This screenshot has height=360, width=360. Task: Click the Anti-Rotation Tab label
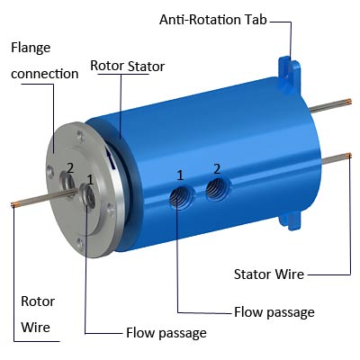pyautogui.click(x=213, y=20)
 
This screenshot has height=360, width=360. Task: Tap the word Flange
pyautogui.click(x=31, y=48)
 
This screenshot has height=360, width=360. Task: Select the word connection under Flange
pyautogui.click(x=45, y=74)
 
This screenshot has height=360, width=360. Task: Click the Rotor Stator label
pyautogui.click(x=128, y=66)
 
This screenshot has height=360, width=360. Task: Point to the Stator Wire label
pyautogui.click(x=269, y=274)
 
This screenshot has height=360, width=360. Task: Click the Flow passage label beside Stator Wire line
pyautogui.click(x=274, y=312)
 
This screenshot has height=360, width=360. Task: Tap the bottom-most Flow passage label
pyautogui.click(x=166, y=333)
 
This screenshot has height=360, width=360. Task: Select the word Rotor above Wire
pyautogui.click(x=38, y=301)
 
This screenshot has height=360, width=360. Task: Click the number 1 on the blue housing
pyautogui.click(x=180, y=175)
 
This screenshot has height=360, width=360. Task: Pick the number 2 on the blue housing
pyautogui.click(x=217, y=169)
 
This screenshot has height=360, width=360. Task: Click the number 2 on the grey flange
pyautogui.click(x=70, y=168)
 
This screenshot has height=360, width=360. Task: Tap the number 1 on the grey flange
pyautogui.click(x=90, y=180)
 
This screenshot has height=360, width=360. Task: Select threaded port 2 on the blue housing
pyautogui.click(x=215, y=190)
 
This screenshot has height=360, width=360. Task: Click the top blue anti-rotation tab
pyautogui.click(x=288, y=72)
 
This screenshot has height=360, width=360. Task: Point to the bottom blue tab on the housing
pyautogui.click(x=291, y=220)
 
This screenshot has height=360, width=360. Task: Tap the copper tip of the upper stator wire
pyautogui.click(x=349, y=102)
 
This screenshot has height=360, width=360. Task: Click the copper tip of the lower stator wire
pyautogui.click(x=348, y=156)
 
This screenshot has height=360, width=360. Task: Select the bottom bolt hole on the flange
pyautogui.click(x=80, y=242)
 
